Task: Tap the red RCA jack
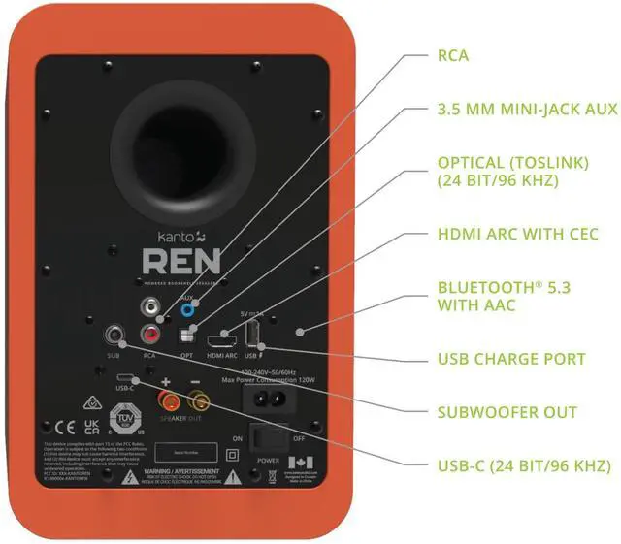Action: click(x=150, y=335)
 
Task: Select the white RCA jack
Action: click(x=150, y=309)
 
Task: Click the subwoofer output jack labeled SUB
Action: click(x=115, y=336)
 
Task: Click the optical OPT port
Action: click(x=187, y=336)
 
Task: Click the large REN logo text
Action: click(x=182, y=261)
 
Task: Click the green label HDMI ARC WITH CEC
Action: click(x=517, y=235)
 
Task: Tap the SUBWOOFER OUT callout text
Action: click(x=507, y=412)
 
